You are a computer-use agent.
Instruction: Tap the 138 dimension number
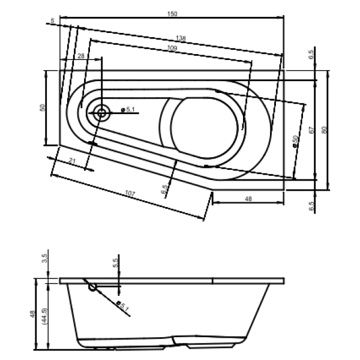[182, 38]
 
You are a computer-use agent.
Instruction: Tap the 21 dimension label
[71, 160]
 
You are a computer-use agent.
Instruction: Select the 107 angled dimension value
[129, 194]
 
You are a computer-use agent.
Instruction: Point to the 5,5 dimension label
[115, 262]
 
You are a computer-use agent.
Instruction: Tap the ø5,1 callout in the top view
[128, 109]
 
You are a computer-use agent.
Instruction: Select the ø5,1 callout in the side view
[124, 307]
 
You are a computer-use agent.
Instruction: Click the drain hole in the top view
[100, 112]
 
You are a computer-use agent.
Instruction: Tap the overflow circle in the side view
[93, 287]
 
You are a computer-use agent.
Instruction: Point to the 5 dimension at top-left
[53, 21]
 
